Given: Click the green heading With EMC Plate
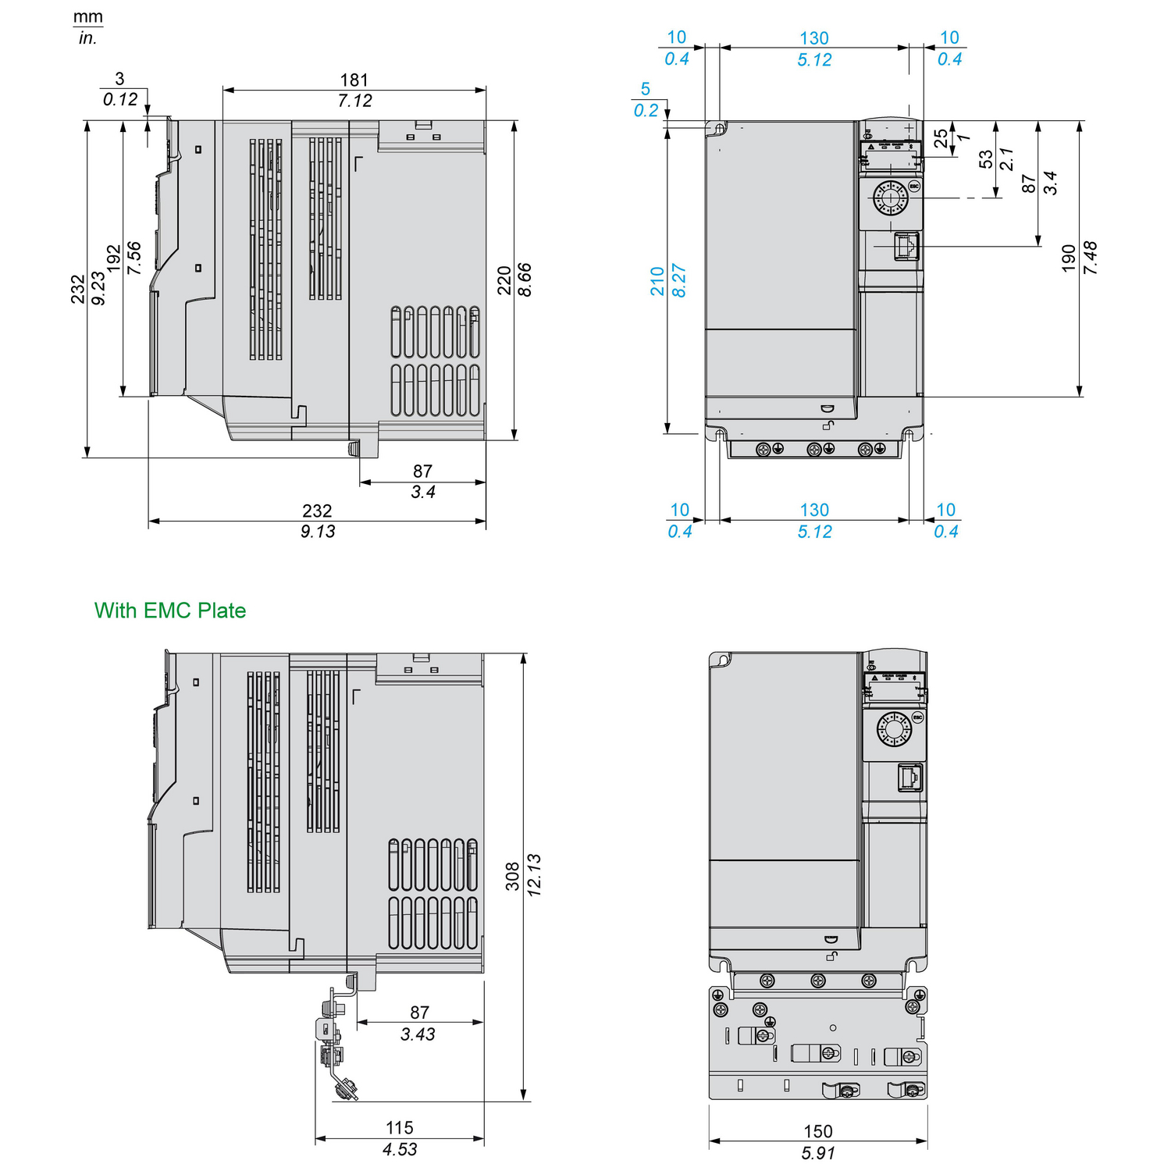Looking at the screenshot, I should click(170, 610).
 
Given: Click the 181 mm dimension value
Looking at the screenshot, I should click(354, 80).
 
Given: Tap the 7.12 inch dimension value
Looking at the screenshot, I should click(354, 101).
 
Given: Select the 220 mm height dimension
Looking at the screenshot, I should click(504, 280).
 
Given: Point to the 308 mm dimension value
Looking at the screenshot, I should click(512, 876).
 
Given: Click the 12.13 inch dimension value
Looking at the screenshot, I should click(534, 874).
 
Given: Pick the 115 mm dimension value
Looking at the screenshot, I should click(400, 1128).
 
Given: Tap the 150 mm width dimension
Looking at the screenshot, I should click(818, 1131).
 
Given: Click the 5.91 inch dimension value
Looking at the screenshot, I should click(818, 1153).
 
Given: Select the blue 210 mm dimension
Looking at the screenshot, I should click(657, 281).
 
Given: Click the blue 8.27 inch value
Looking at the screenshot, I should click(679, 280).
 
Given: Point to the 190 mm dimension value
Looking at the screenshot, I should click(1069, 258).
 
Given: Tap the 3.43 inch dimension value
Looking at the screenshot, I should click(418, 1034).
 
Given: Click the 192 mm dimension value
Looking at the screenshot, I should click(114, 259).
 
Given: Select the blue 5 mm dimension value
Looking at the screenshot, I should click(646, 89).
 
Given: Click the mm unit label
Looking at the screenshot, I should click(88, 17).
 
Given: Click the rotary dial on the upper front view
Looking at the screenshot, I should click(890, 198).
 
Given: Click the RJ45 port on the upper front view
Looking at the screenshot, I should click(906, 247).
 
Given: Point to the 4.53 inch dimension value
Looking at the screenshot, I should click(400, 1149).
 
